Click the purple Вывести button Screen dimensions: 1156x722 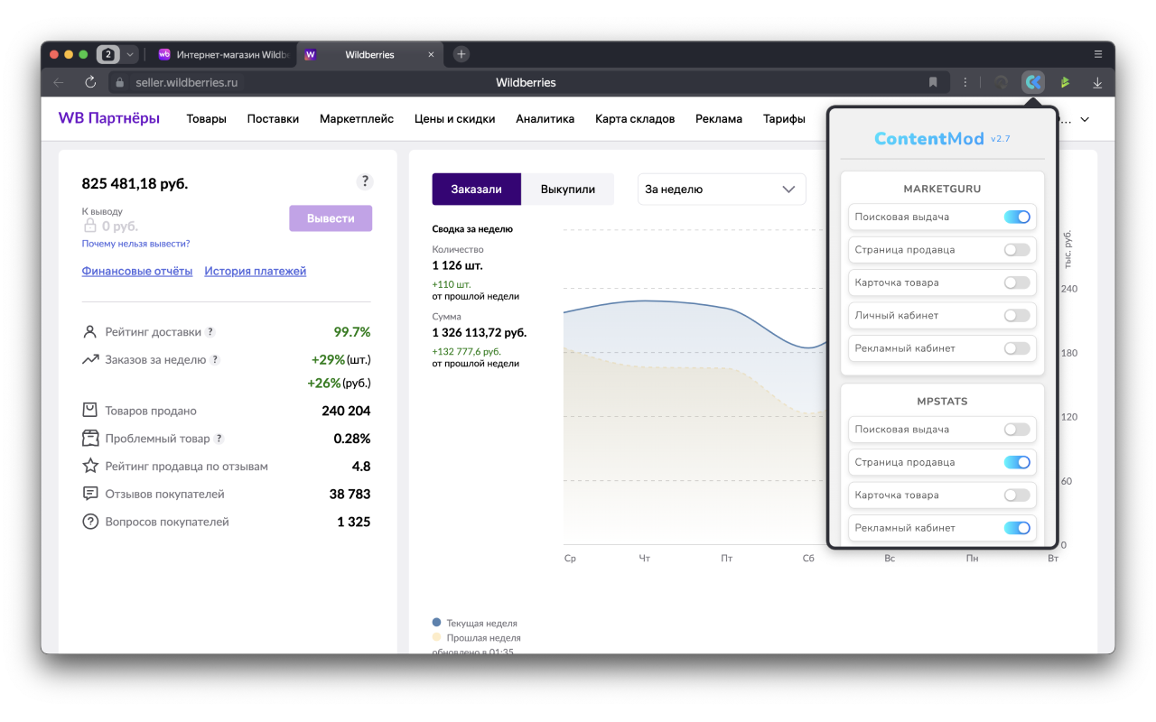pyautogui.click(x=331, y=218)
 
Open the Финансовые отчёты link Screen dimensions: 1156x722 pyautogui.click(x=136, y=271)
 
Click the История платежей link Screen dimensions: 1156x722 pyautogui.click(x=255, y=271)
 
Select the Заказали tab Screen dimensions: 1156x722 pyautogui.click(x=476, y=190)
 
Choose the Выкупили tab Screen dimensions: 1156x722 pyautogui.click(x=568, y=190)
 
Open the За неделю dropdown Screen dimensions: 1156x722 pyautogui.click(x=722, y=190)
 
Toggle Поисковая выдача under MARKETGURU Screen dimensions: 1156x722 pyautogui.click(x=1017, y=218)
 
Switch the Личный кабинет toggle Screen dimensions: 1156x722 pyautogui.click(x=1017, y=316)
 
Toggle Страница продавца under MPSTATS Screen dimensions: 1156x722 pyautogui.click(x=1017, y=463)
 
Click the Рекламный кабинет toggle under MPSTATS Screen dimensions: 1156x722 pyautogui.click(x=1017, y=528)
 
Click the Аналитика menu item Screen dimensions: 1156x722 pyautogui.click(x=545, y=118)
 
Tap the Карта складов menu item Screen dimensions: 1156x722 pyautogui.click(x=635, y=118)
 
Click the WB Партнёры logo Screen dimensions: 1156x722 pyautogui.click(x=109, y=118)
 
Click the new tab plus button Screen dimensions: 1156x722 pyautogui.click(x=461, y=54)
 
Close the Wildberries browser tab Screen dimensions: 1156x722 pyautogui.click(x=431, y=55)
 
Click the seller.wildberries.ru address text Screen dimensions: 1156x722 pyautogui.click(x=186, y=82)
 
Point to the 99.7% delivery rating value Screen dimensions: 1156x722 pyautogui.click(x=352, y=331)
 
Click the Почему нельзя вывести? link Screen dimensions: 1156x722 pyautogui.click(x=135, y=244)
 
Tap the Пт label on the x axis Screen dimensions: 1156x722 pyautogui.click(x=727, y=558)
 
